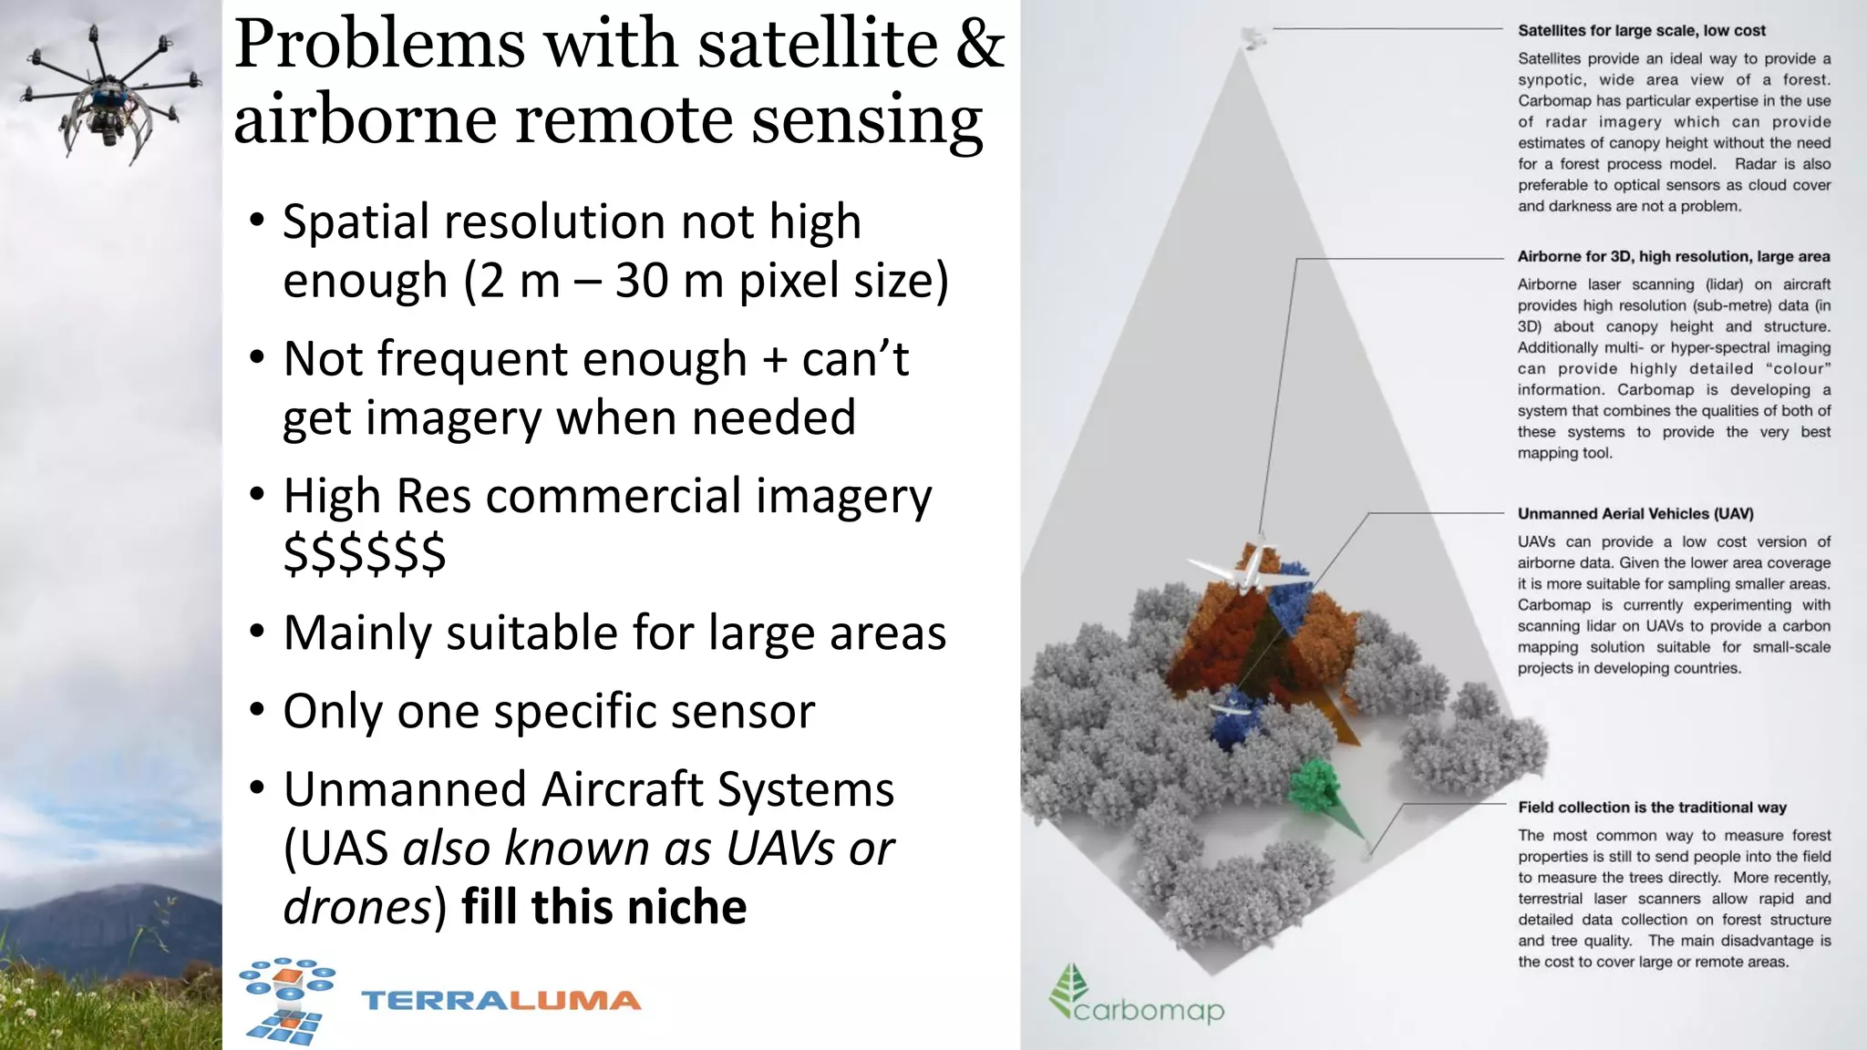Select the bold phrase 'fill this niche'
coord(603,907)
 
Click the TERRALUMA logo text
coord(501,1001)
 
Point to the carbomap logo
coord(1136,999)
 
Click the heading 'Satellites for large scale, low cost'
coord(1641,31)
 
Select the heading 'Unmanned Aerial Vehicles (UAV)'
coord(1635,514)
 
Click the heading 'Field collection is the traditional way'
coord(1651,808)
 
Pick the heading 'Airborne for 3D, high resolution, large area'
coord(1673,257)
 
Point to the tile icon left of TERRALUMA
coord(286,1000)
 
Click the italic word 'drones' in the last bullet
coord(356,907)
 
